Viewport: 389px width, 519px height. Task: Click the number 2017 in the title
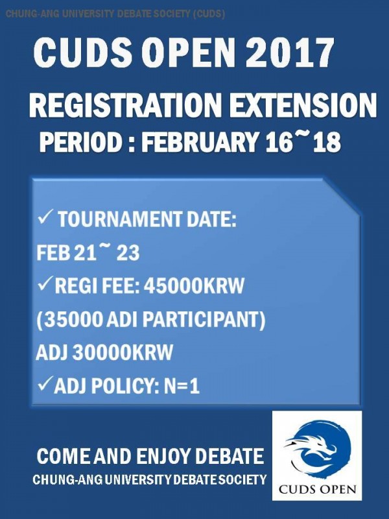tap(290, 53)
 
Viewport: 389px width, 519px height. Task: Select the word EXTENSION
tap(303, 105)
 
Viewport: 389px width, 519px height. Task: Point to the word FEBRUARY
tap(200, 142)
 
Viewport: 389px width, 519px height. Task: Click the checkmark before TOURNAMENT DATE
tap(44, 218)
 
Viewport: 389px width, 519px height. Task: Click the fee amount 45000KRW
tap(194, 285)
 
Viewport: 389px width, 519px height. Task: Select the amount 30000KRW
tap(123, 352)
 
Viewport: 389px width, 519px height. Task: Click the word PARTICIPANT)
tap(204, 320)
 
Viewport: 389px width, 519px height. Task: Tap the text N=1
tap(182, 385)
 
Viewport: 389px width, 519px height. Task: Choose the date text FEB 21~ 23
tap(88, 253)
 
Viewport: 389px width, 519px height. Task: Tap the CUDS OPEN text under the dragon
tap(317, 489)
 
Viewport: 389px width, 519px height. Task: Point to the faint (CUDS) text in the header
tap(209, 14)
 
